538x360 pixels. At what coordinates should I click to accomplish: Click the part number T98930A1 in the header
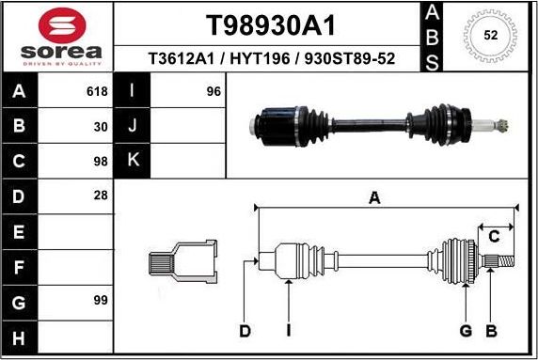pos(271,24)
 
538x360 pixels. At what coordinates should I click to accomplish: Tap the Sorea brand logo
pos(57,36)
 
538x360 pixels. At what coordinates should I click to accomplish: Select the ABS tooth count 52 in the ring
pos(490,36)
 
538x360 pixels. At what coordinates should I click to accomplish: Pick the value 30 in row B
pos(101,126)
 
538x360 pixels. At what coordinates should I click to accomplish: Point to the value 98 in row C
pos(101,160)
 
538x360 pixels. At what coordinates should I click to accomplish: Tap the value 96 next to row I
pos(213,92)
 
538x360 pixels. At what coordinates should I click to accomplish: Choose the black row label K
pos(133,160)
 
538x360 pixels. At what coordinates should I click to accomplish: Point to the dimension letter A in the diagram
pos(374,197)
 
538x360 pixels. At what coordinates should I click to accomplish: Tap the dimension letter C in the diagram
pos(493,236)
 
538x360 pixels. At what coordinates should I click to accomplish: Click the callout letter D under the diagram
pos(245,330)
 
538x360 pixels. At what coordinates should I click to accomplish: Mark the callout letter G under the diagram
pos(465,330)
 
